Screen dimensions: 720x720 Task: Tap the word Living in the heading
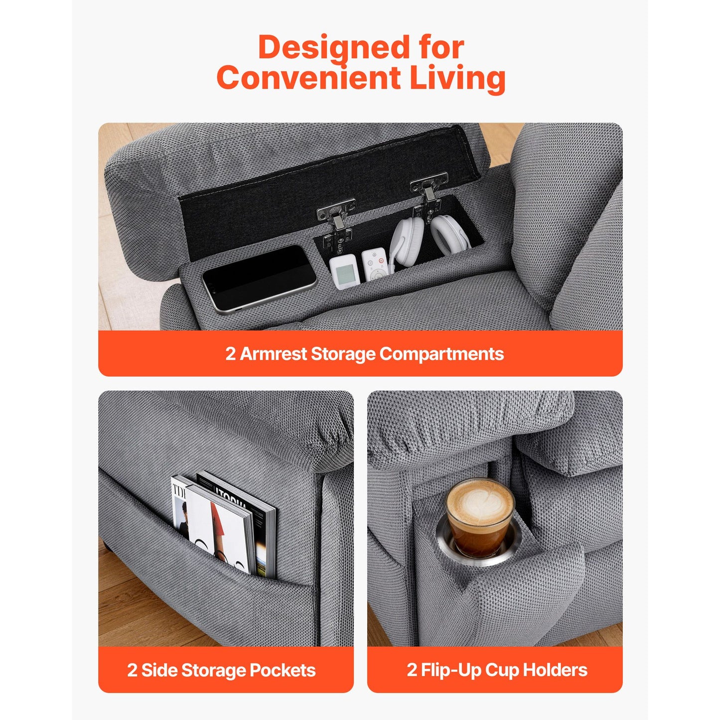(x=457, y=78)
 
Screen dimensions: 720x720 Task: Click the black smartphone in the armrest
(x=259, y=279)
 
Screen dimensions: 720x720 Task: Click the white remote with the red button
(x=375, y=264)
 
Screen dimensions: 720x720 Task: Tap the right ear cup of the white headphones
(x=450, y=235)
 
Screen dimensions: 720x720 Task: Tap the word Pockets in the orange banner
(x=283, y=670)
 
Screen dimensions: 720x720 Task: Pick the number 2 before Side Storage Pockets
(x=132, y=670)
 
